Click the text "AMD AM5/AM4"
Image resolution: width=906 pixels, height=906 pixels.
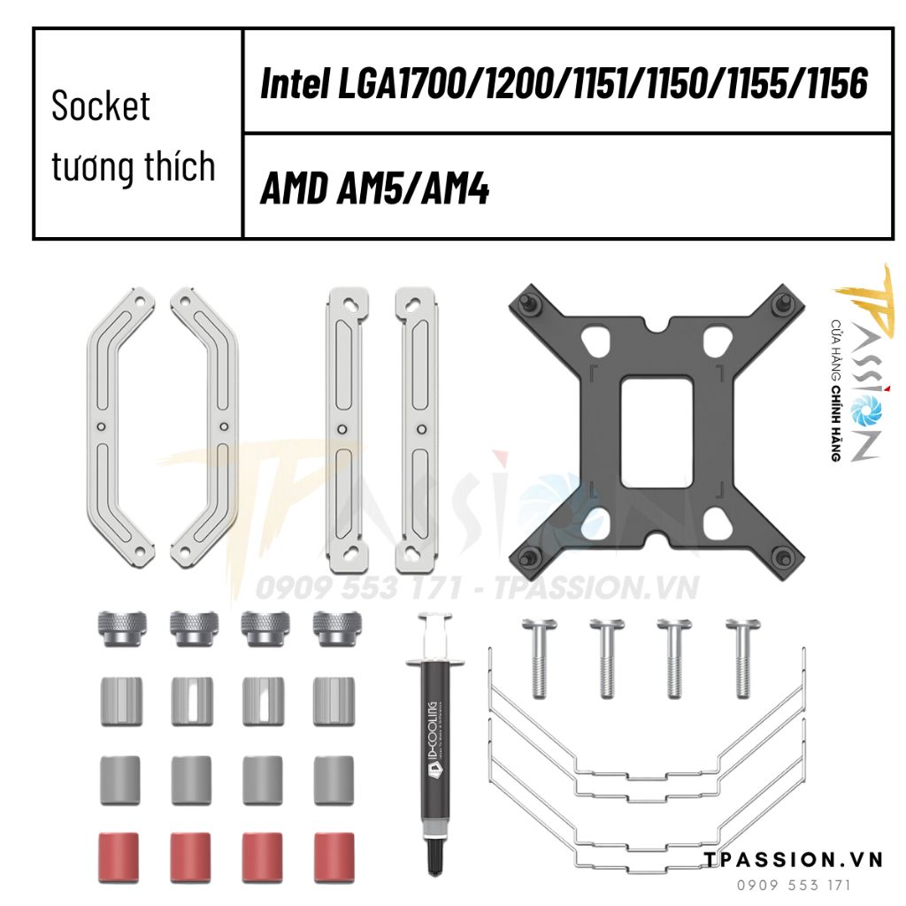(374, 188)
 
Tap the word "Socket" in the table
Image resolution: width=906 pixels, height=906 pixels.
(101, 106)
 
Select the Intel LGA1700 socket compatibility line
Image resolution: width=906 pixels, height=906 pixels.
(564, 83)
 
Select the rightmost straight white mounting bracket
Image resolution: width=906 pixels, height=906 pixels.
(417, 428)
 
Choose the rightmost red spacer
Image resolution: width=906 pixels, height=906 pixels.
(334, 856)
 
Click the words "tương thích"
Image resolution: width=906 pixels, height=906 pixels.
(133, 166)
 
